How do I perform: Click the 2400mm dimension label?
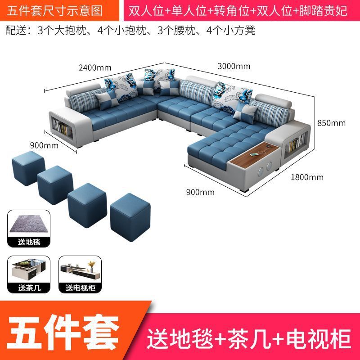click(94, 68)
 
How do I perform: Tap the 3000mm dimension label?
click(234, 67)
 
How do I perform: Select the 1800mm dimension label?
click(307, 177)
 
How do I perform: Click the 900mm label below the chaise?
click(200, 192)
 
